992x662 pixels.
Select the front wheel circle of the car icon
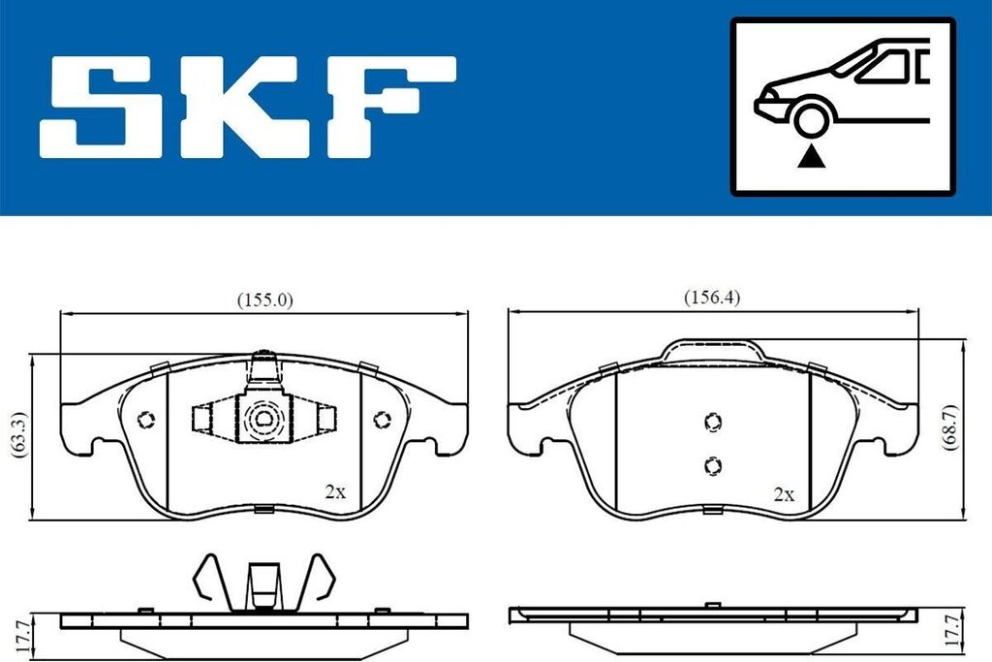point(810,118)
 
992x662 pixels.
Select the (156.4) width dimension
point(712,299)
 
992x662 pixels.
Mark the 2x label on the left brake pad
point(335,491)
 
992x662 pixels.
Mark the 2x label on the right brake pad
point(784,493)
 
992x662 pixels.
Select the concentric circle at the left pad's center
point(263,419)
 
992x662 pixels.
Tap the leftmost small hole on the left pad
point(146,420)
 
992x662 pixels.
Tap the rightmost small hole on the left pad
point(381,419)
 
